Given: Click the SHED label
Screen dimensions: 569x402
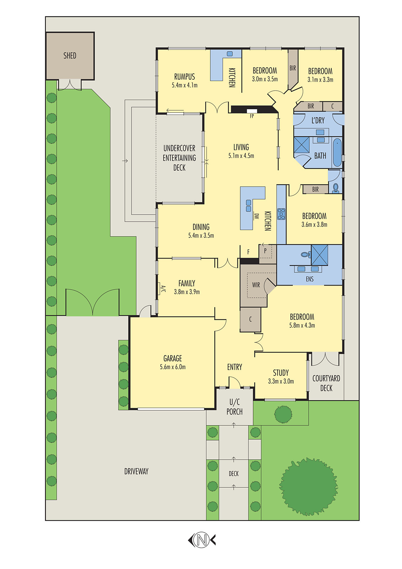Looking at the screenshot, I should click(70, 55).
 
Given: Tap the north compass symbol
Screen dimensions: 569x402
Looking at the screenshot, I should click(202, 540).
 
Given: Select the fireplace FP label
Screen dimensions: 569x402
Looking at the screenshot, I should click(252, 116).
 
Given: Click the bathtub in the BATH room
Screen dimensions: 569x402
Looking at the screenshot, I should click(337, 153).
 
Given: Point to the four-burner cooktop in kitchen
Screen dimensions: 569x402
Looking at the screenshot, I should click(281, 214).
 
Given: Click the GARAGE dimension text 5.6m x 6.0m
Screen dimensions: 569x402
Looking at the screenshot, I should click(173, 367).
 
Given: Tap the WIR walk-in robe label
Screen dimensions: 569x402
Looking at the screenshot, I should click(256, 285).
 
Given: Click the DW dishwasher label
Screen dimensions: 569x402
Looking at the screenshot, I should click(256, 216).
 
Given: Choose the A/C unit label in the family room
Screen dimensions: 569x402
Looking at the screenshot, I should click(163, 289).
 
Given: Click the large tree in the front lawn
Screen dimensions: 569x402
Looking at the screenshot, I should click(308, 486).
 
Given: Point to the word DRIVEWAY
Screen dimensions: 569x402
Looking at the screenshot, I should click(136, 471).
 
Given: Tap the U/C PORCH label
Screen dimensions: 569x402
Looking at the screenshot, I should click(235, 407).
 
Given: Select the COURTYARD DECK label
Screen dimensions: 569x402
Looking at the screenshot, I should click(326, 383).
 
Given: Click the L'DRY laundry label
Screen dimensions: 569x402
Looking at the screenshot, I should click(318, 121).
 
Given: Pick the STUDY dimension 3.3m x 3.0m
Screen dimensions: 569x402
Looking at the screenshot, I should click(281, 381).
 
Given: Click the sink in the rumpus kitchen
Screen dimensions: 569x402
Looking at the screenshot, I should click(230, 54).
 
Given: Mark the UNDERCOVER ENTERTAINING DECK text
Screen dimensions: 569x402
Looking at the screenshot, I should click(179, 158).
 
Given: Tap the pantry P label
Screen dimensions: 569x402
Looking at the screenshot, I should click(265, 250).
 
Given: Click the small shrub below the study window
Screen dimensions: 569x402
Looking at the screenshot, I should click(283, 414).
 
